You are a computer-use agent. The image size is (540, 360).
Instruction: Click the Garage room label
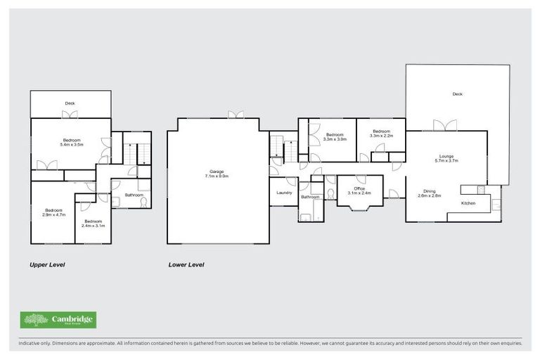pos(218,171)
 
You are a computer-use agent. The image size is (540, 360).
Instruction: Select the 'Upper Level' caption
pos(47,265)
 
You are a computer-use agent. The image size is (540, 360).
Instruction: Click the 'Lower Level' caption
pos(186,265)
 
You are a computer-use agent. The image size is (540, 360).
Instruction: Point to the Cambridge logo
pos(58,321)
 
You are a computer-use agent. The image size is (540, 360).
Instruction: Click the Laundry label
pos(284,192)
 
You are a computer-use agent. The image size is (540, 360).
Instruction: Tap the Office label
pos(359,188)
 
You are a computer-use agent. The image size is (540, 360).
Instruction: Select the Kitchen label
pos(469,203)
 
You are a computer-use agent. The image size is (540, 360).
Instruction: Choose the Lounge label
pos(446,156)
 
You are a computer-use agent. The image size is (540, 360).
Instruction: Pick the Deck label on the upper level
pos(70,103)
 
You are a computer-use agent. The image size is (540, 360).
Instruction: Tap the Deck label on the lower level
pos(457,94)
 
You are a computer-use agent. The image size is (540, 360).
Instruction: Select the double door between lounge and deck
pos(444,126)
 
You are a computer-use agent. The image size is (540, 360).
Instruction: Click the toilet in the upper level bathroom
pos(143,202)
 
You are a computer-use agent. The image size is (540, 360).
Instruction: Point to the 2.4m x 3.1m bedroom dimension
pos(92,226)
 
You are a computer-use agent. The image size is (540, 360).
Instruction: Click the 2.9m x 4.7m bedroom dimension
pos(54,215)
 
